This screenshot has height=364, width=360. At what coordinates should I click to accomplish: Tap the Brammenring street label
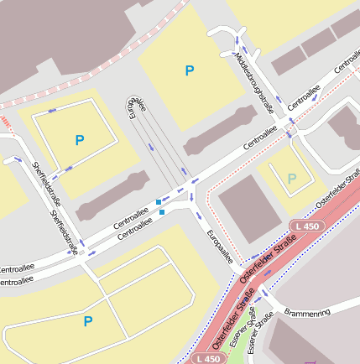click(x=308, y=311)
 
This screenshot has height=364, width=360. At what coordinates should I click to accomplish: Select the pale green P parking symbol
click(x=291, y=179)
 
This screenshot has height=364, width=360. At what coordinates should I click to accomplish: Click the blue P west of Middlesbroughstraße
click(x=190, y=71)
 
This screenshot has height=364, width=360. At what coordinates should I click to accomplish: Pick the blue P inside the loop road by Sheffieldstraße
click(x=80, y=140)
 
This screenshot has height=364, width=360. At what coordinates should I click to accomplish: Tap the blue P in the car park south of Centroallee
click(x=88, y=320)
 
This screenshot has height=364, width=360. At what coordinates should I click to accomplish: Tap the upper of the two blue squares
click(x=159, y=202)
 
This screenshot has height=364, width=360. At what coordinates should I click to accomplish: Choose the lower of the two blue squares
click(x=162, y=211)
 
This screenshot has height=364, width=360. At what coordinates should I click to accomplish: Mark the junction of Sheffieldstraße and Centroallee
click(x=81, y=254)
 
